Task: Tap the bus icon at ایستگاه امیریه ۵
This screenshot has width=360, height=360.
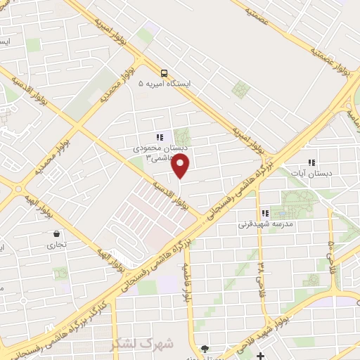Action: [164, 72]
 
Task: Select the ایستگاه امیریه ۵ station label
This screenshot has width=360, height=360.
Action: [169, 84]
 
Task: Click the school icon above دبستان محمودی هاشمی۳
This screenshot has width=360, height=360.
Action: [160, 137]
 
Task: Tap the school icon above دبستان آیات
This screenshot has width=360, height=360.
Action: [311, 162]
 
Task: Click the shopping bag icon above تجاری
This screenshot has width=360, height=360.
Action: [56, 234]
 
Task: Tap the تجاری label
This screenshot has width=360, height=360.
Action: [56, 245]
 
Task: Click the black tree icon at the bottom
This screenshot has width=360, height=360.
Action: [205, 349]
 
